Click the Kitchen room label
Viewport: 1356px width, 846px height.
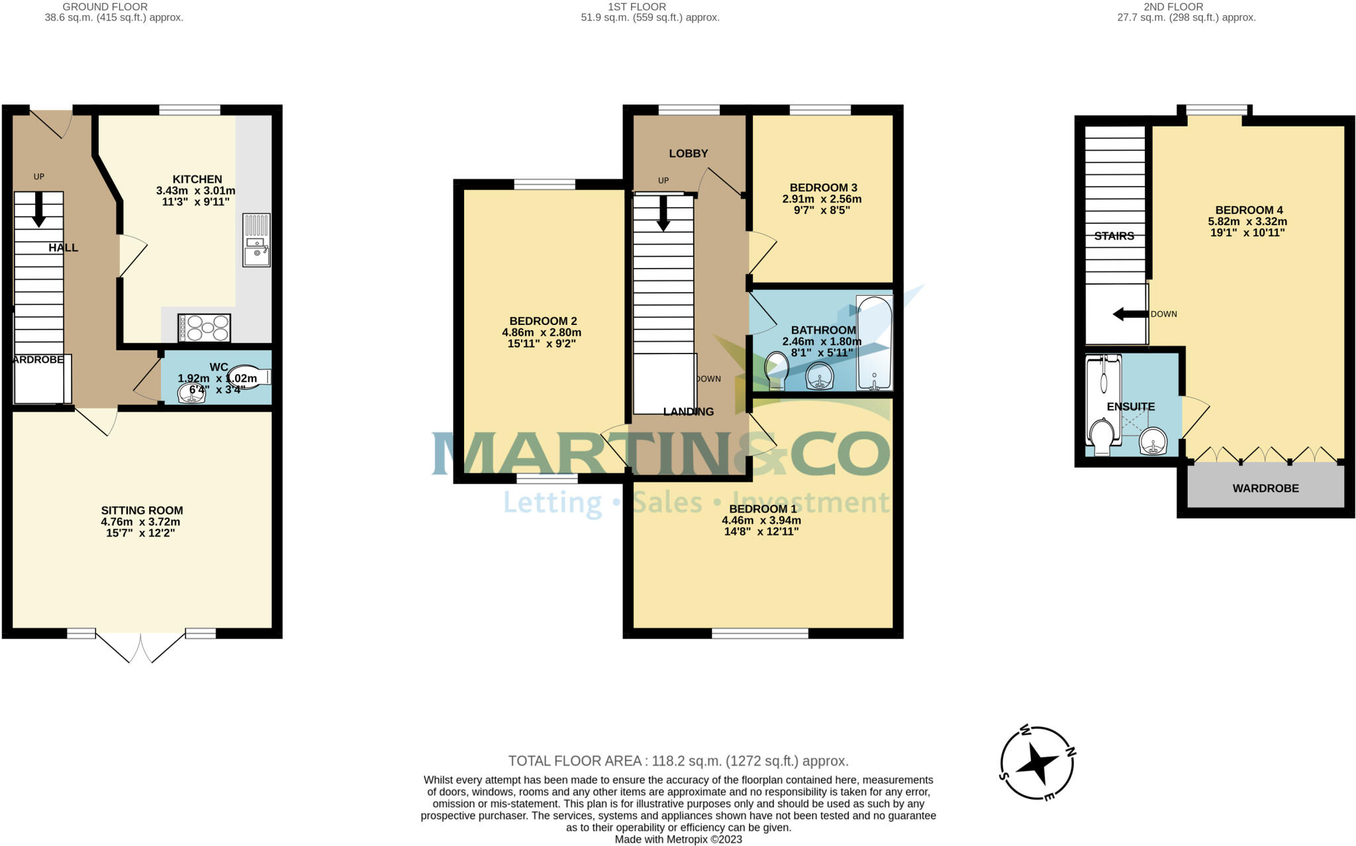point(197,179)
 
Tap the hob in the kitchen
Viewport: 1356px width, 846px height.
point(204,328)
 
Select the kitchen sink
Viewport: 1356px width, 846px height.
point(256,240)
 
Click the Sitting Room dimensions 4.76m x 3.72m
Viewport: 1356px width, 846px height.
point(140,522)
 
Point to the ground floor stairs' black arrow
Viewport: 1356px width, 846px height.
point(39,209)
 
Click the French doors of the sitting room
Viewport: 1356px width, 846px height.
point(140,647)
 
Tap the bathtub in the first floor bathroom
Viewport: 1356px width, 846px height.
point(874,342)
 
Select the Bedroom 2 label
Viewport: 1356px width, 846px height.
point(539,321)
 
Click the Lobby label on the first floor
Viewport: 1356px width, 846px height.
point(688,154)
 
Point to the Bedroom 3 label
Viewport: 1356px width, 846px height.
point(823,187)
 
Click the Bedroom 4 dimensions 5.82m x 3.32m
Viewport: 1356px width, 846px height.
point(1247,222)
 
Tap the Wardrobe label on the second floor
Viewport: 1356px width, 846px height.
point(1265,489)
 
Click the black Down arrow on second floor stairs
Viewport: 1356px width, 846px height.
point(1130,314)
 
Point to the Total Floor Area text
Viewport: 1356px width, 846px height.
point(678,761)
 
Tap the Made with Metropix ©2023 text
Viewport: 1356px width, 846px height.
point(678,839)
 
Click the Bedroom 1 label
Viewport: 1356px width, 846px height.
point(762,509)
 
